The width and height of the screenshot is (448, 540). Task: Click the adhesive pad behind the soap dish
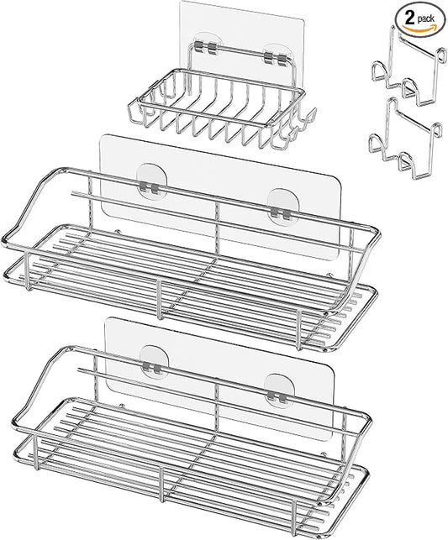[229, 34]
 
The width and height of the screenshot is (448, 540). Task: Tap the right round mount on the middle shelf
[282, 202]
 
